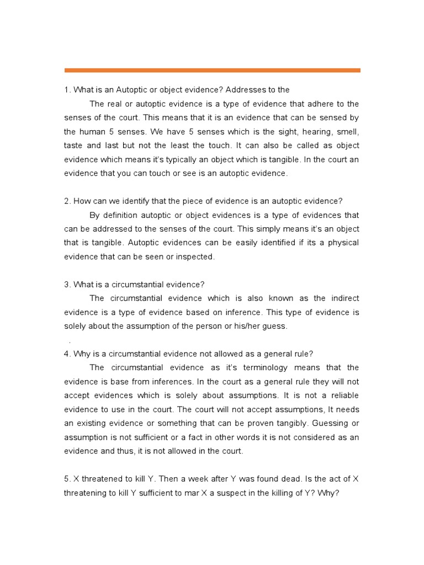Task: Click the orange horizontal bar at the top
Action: point(212,71)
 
